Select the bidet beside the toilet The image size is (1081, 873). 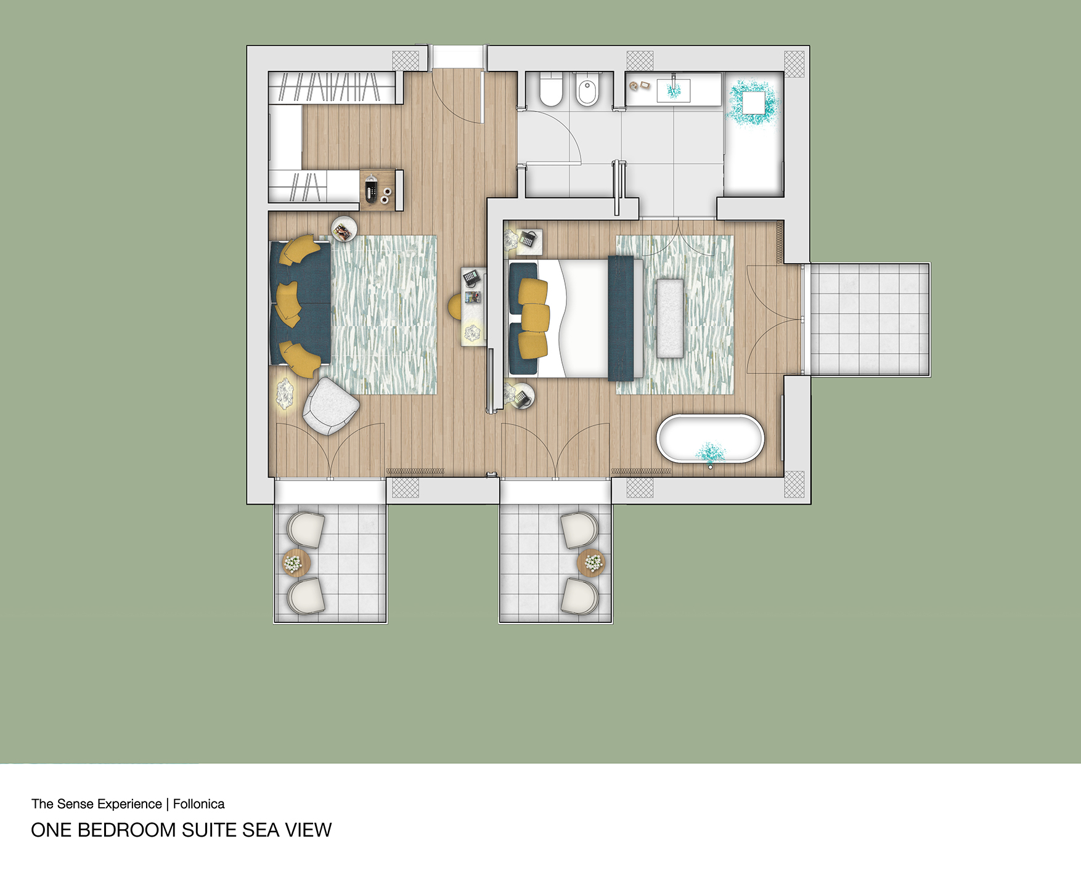587,91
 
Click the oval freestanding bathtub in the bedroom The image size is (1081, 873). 710,439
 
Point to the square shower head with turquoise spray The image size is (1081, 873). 753,102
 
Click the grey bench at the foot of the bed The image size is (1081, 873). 670,318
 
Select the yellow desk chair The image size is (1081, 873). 454,306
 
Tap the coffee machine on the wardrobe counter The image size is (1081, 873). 371,189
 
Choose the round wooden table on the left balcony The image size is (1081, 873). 296,562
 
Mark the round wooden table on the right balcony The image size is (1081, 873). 591,562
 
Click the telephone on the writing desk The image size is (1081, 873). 471,277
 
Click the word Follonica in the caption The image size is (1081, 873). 198,804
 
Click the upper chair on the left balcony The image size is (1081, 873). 306,529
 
